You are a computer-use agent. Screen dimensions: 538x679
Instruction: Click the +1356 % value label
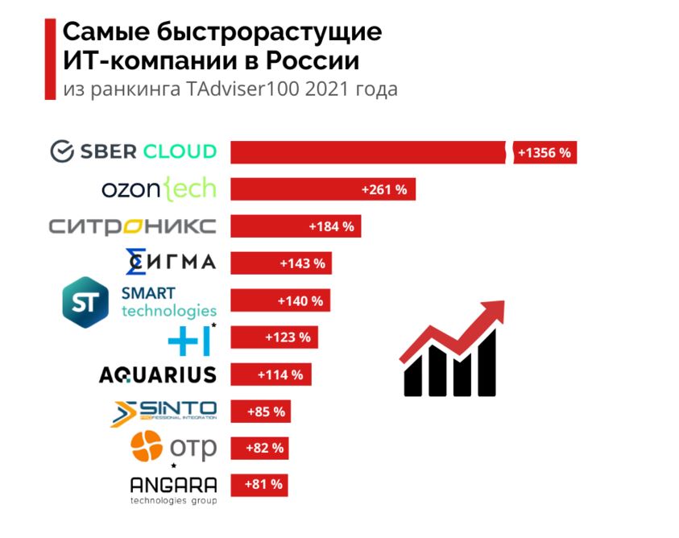[x=544, y=152]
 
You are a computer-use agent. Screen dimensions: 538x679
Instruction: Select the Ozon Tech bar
[x=322, y=189]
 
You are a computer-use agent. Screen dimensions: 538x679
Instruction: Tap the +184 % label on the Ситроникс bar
[x=331, y=226]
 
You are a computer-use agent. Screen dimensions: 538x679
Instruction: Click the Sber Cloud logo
[x=133, y=151]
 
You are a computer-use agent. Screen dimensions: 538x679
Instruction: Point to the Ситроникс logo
[x=132, y=226]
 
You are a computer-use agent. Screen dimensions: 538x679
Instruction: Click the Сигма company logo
[x=171, y=262]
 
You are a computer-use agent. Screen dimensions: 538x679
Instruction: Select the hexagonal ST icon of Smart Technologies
[x=85, y=302]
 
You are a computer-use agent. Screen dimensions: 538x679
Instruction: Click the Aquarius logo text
[x=157, y=375]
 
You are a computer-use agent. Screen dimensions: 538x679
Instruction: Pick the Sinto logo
[x=164, y=412]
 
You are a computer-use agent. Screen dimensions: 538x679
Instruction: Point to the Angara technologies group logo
[x=173, y=489]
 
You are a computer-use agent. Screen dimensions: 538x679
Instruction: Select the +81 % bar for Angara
[x=259, y=485]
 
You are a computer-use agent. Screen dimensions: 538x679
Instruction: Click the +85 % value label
[x=266, y=412]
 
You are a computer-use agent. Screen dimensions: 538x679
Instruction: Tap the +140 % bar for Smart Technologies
[x=279, y=300]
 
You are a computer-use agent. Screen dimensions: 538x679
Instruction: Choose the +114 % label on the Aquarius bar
[x=279, y=375]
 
